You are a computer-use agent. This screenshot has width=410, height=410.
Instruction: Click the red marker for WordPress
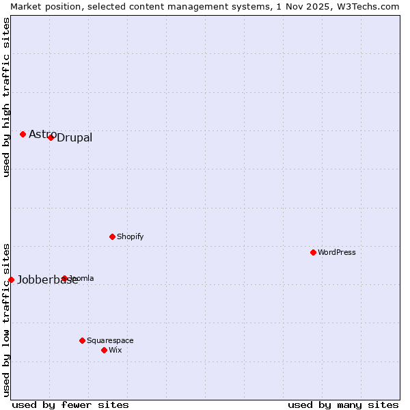313,252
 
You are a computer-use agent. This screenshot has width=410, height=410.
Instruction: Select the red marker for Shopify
112,236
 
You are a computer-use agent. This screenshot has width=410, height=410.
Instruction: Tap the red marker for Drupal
51,137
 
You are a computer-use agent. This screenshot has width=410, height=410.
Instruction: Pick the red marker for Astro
23,134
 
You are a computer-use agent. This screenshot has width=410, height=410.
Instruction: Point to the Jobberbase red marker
11,279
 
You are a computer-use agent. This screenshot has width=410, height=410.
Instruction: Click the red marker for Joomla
64,278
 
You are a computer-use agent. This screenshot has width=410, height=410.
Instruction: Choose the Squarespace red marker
82,340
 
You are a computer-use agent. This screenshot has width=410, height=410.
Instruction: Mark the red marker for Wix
104,350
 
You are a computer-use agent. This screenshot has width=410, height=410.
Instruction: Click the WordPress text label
337,252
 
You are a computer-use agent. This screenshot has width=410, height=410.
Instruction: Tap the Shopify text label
130,236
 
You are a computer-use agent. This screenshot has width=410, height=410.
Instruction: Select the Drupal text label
74,138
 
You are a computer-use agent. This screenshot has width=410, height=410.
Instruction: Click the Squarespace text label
110,340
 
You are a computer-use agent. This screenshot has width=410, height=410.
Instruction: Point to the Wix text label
115,350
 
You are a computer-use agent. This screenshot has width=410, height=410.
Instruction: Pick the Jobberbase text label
47,279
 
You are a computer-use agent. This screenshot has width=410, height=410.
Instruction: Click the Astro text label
42,134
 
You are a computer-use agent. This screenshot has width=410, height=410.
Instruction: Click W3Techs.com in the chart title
371,6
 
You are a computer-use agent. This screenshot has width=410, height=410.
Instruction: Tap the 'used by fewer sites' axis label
70,405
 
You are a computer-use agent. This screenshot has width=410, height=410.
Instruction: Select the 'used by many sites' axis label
343,405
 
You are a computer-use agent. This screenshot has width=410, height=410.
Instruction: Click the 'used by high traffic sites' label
6,97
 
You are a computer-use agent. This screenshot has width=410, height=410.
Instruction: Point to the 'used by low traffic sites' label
6,319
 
